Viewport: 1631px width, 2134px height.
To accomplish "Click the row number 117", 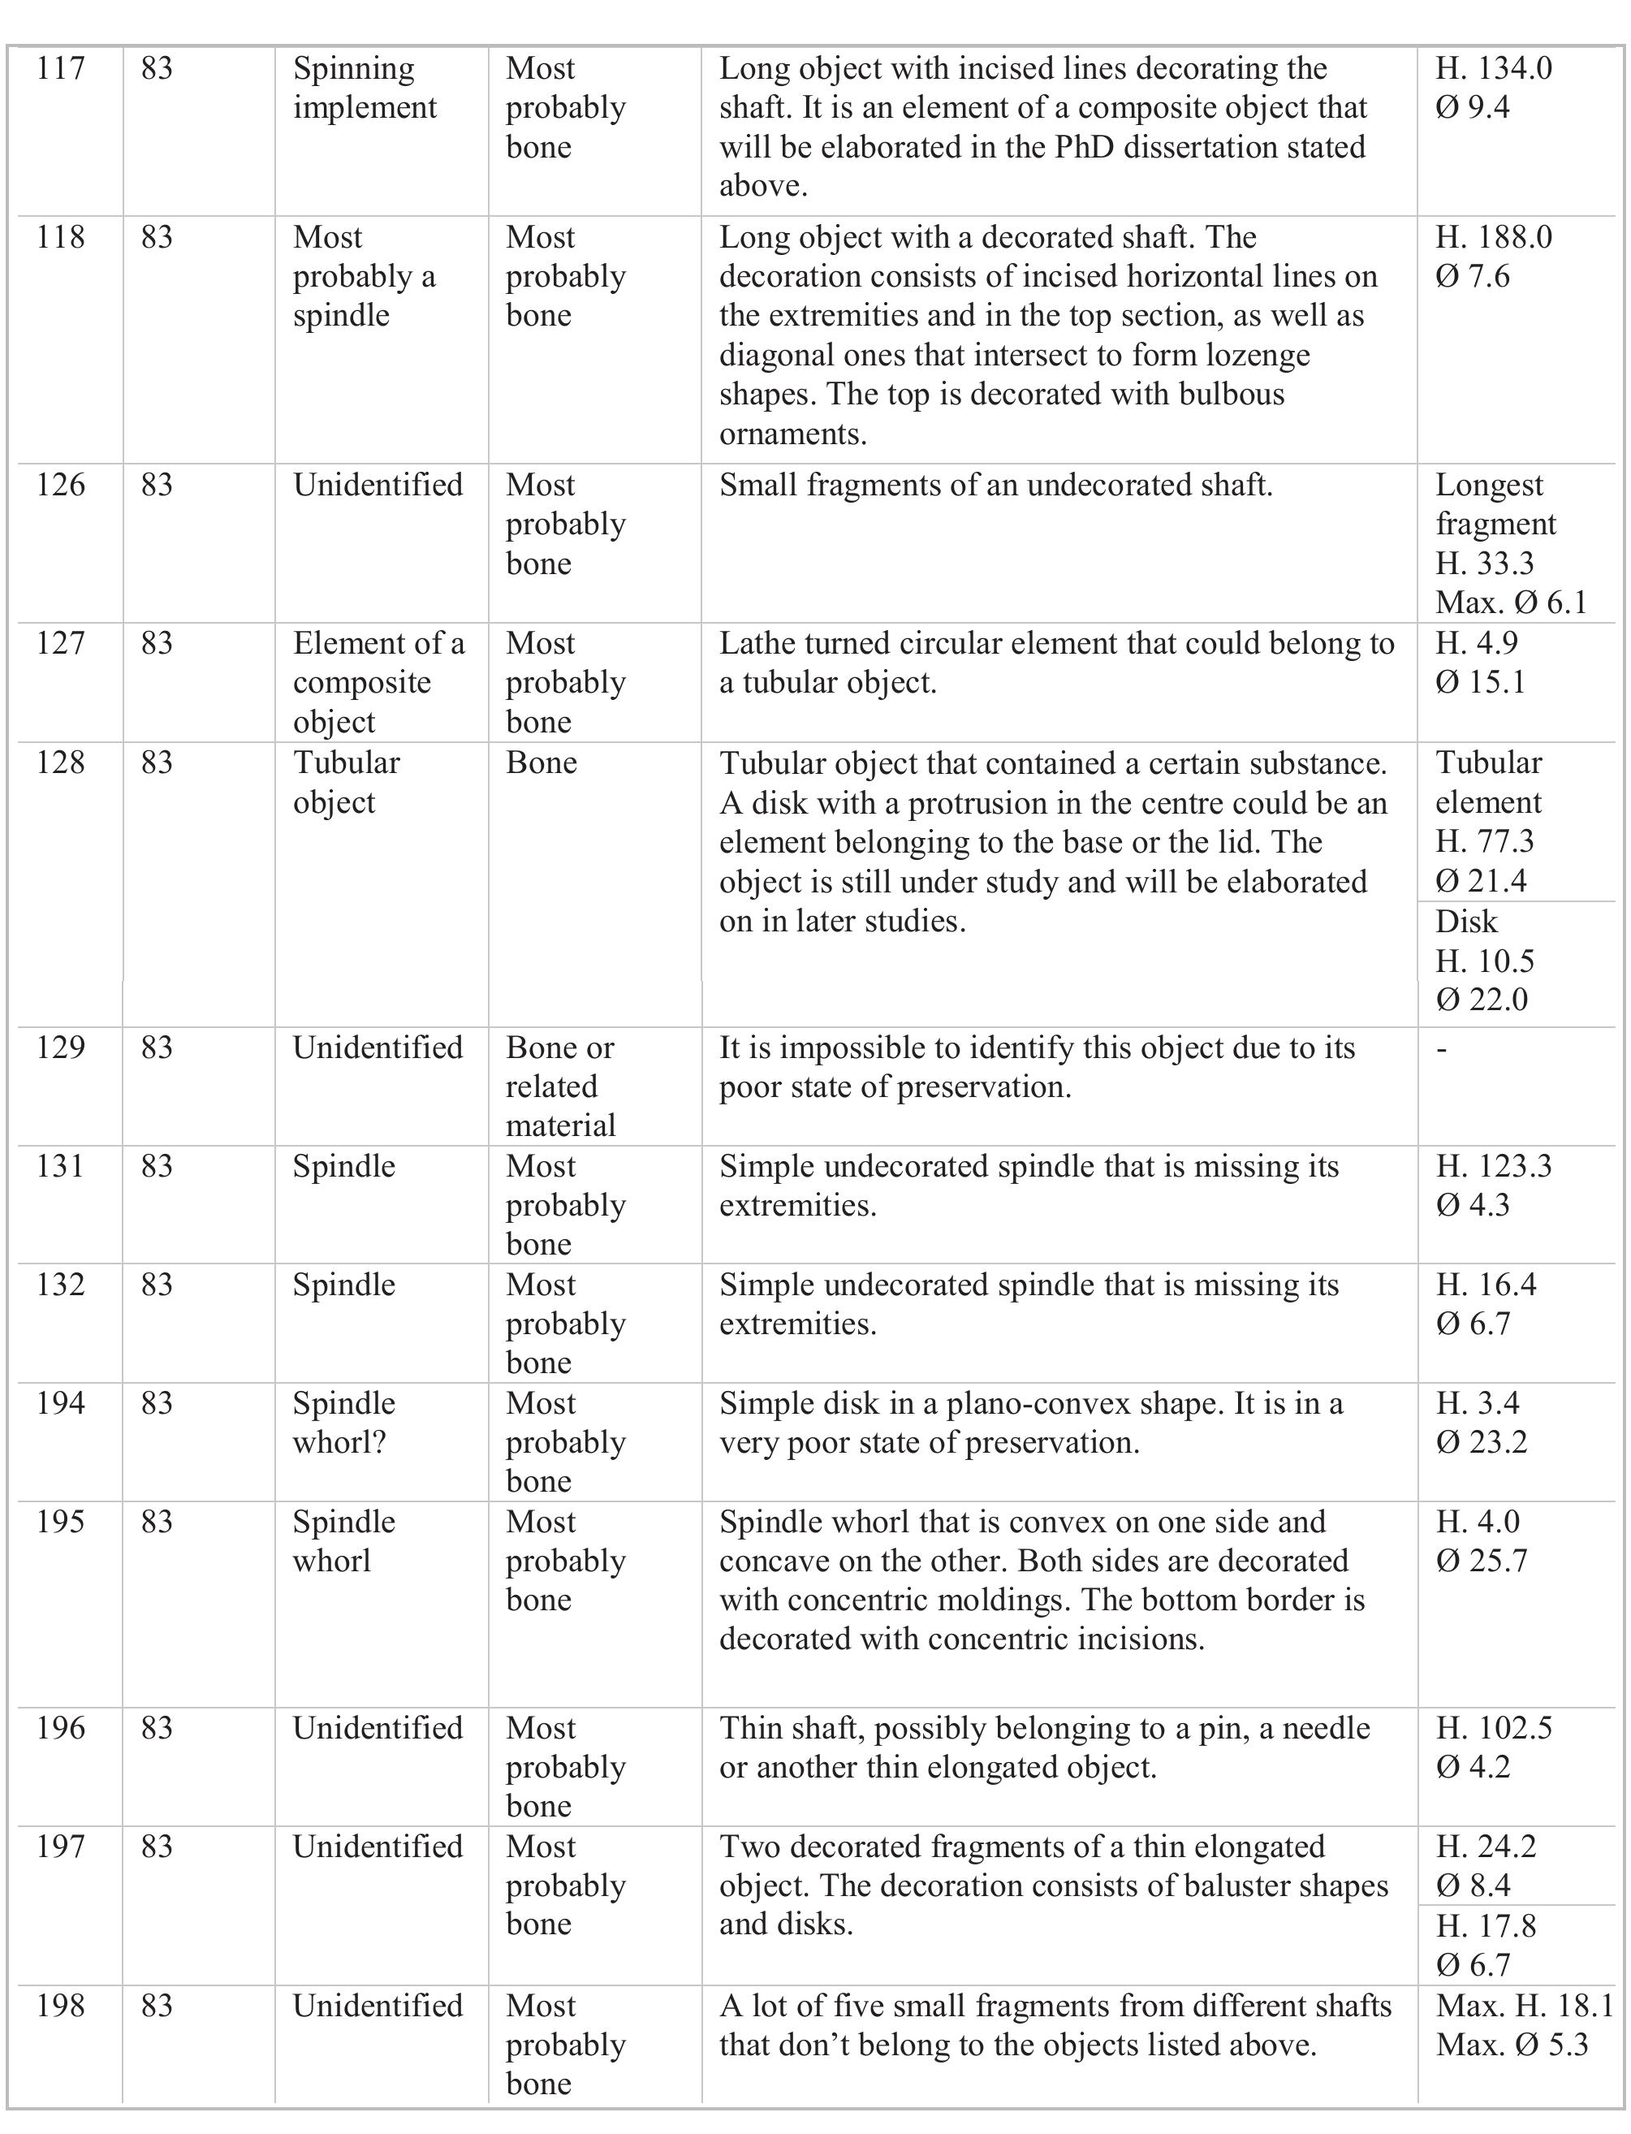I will pyautogui.click(x=60, y=69).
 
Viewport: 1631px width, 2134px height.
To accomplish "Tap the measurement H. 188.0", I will pyautogui.click(x=1493, y=238).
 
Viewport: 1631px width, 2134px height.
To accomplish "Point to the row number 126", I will pyautogui.click(x=60, y=486).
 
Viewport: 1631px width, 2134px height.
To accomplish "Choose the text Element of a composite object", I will pyautogui.click(x=378, y=683).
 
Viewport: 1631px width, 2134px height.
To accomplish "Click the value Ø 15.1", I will pyautogui.click(x=1481, y=683).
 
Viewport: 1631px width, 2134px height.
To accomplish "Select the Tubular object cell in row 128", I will pyautogui.click(x=347, y=783).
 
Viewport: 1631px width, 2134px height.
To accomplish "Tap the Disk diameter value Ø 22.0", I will pyautogui.click(x=1482, y=1000).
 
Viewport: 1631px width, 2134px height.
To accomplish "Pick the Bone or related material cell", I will pyautogui.click(x=560, y=1086).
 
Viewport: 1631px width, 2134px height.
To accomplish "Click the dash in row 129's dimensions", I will pyautogui.click(x=1442, y=1048).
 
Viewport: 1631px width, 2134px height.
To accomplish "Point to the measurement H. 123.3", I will pyautogui.click(x=1493, y=1166).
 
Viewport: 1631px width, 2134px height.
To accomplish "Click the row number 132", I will pyautogui.click(x=60, y=1285).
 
